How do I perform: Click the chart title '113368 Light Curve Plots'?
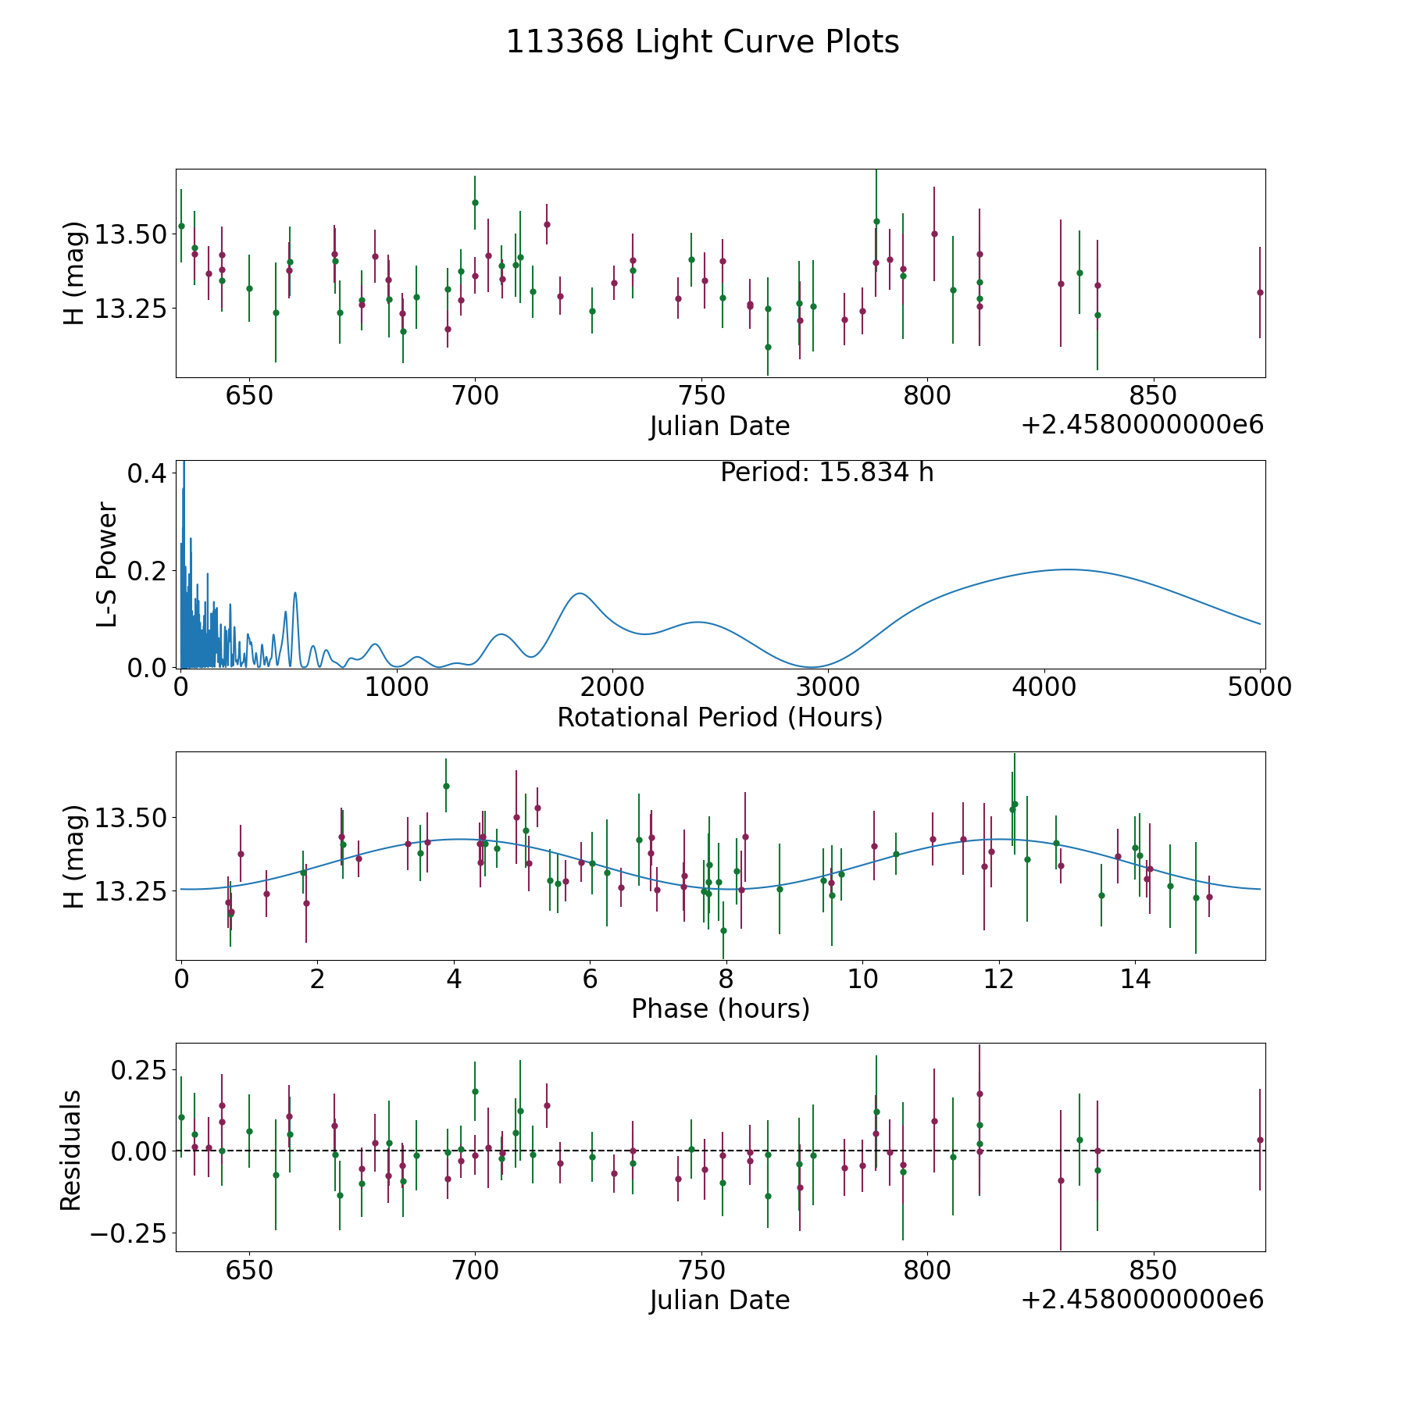pyautogui.click(x=702, y=42)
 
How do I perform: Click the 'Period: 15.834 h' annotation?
pyautogui.click(x=827, y=473)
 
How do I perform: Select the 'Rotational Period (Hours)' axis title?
pyautogui.click(x=719, y=717)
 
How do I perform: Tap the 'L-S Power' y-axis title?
pyautogui.click(x=107, y=565)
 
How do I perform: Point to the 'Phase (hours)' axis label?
pyautogui.click(x=720, y=1009)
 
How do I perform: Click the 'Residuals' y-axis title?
pyautogui.click(x=71, y=1150)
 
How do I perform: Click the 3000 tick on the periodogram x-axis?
pyautogui.click(x=828, y=687)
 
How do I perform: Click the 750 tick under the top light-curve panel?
pyautogui.click(x=701, y=396)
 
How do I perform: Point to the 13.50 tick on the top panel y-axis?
pyautogui.click(x=130, y=234)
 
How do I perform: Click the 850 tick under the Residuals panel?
pyautogui.click(x=1154, y=1271)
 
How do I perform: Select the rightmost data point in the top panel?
pyautogui.click(x=1260, y=292)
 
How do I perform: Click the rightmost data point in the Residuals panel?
pyautogui.click(x=1260, y=1140)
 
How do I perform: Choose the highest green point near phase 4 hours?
pyautogui.click(x=446, y=786)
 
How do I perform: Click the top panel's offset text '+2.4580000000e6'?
pyautogui.click(x=1143, y=425)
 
